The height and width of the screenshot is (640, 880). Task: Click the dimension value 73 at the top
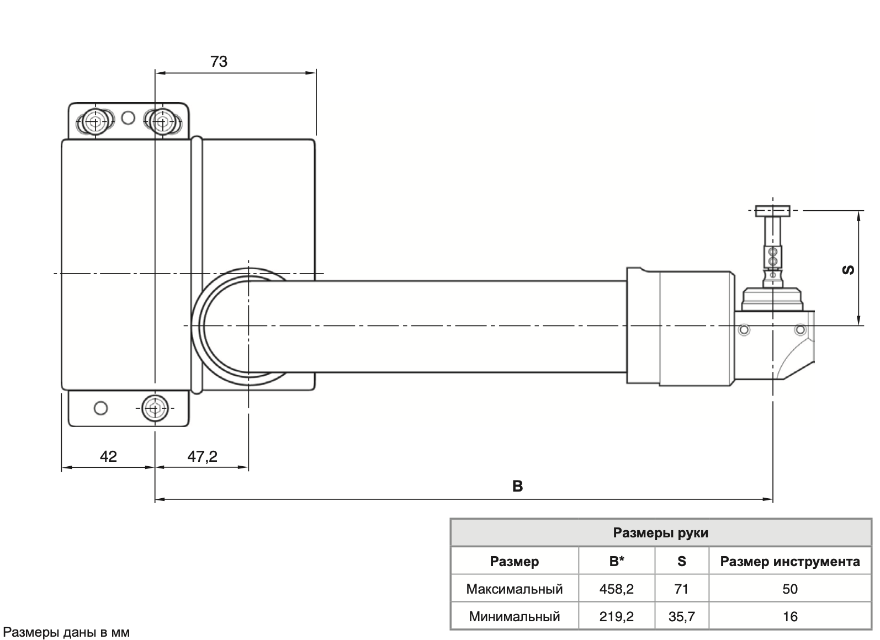(219, 61)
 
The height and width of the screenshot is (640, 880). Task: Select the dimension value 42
(108, 456)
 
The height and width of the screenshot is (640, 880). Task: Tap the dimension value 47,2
(202, 456)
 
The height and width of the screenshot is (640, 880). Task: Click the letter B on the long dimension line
(517, 486)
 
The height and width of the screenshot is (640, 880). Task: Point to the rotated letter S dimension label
(849, 269)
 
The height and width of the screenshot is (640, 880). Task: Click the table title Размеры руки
(660, 533)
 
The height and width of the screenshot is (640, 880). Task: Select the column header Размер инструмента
(789, 562)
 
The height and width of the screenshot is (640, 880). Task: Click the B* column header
(616, 562)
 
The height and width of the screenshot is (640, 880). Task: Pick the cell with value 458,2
(616, 589)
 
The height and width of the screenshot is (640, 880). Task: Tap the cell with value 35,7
(681, 617)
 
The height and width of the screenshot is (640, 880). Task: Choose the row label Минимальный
(514, 617)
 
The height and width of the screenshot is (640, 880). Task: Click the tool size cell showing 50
(789, 589)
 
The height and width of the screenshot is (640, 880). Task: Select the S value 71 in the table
(681, 589)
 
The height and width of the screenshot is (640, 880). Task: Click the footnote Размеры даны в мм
(66, 632)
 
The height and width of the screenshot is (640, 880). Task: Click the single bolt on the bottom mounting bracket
(155, 408)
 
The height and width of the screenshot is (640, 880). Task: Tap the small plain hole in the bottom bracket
(100, 408)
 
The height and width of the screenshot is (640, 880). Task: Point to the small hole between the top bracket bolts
(128, 118)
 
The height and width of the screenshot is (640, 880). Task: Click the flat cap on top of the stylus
(772, 211)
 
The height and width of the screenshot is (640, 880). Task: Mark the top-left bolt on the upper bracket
(95, 121)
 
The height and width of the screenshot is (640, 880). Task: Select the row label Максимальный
(514, 589)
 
